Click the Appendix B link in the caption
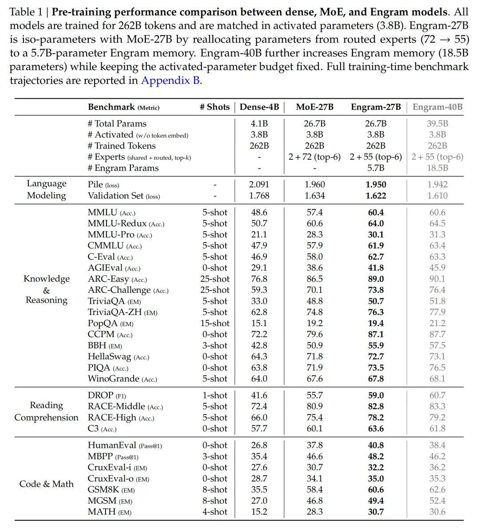(x=171, y=81)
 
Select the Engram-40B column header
(x=437, y=107)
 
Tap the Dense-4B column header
(x=259, y=107)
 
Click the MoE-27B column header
(x=314, y=107)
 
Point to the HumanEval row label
(x=112, y=445)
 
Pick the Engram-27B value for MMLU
(x=376, y=213)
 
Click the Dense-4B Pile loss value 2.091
(x=259, y=185)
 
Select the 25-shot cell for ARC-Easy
(x=215, y=279)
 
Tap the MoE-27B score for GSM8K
(x=314, y=490)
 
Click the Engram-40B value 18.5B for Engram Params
(x=437, y=168)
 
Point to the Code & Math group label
(x=47, y=484)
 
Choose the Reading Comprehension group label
(x=47, y=411)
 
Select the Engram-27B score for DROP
(x=376, y=395)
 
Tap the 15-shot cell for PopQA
(x=215, y=323)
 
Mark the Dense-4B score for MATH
(x=259, y=512)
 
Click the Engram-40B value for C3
(x=437, y=429)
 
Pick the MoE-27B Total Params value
(x=314, y=124)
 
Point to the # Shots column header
(x=215, y=107)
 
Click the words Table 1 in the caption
(x=26, y=12)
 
